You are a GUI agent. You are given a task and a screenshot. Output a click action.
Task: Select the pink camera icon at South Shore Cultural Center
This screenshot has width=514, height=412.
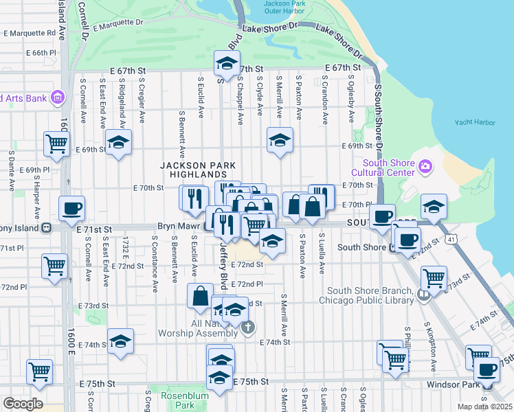click(x=426, y=166)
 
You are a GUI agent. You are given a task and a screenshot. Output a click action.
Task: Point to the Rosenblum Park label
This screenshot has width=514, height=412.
click(x=179, y=400)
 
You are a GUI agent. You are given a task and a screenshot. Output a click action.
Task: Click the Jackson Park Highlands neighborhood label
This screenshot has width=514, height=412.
click(x=198, y=170)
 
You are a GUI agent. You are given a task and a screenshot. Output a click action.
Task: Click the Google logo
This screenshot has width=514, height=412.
click(x=23, y=403)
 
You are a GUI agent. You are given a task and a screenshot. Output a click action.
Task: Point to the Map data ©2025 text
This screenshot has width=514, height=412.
click(x=484, y=407)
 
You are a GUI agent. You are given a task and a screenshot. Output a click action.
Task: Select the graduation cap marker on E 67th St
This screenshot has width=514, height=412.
click(x=225, y=64)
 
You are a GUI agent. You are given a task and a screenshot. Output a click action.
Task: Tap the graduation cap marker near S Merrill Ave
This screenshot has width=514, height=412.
click(x=280, y=140)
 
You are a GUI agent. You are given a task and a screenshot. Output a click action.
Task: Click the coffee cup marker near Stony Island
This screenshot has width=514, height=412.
click(x=71, y=209)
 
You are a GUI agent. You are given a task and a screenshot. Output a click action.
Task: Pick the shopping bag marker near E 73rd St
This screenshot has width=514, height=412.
click(x=200, y=295)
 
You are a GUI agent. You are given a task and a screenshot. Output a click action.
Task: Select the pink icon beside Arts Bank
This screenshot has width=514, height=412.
click(x=57, y=98)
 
